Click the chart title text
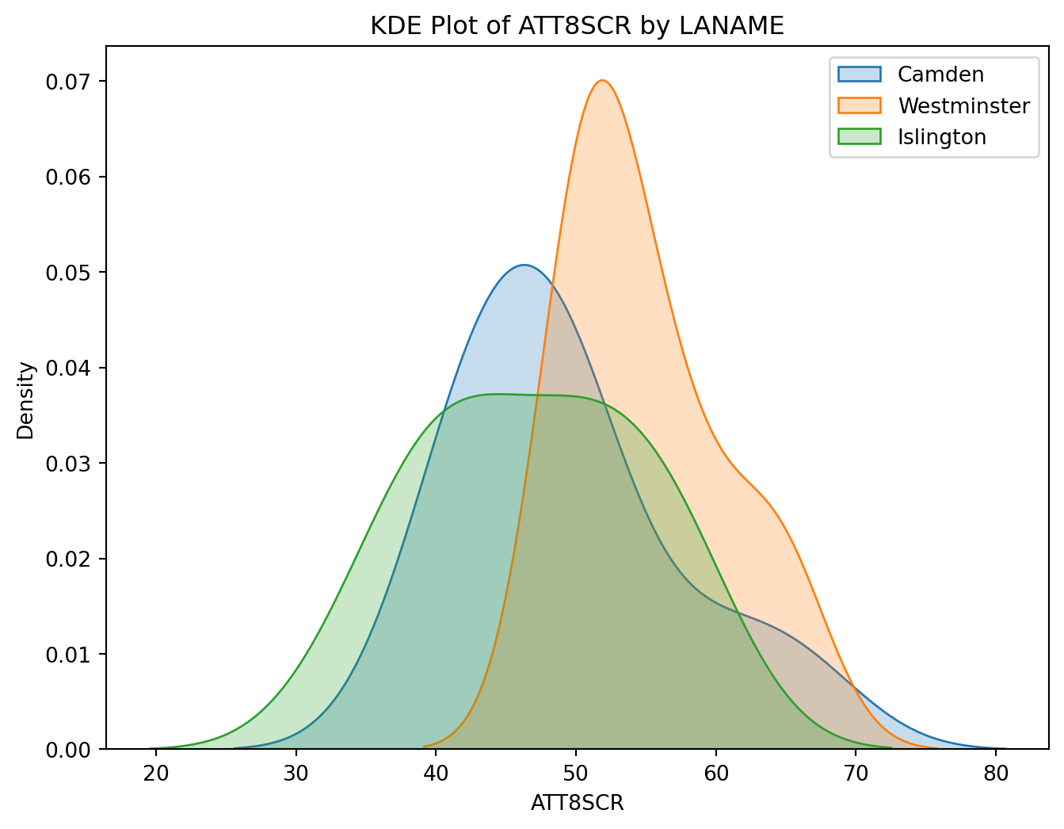pyautogui.click(x=577, y=26)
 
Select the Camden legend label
pyautogui.click(x=940, y=74)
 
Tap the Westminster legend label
pyautogui.click(x=963, y=105)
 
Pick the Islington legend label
pyautogui.click(x=941, y=137)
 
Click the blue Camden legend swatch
pyautogui.click(x=859, y=74)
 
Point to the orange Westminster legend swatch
pyautogui.click(x=859, y=105)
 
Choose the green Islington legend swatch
pyautogui.click(x=859, y=137)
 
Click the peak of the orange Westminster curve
pyautogui.click(x=603, y=80)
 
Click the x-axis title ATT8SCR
pyautogui.click(x=577, y=803)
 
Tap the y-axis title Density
pyautogui.click(x=26, y=399)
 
